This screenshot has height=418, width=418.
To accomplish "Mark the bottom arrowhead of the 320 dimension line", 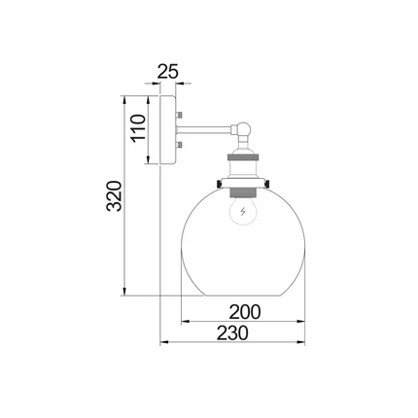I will click(x=125, y=291).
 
